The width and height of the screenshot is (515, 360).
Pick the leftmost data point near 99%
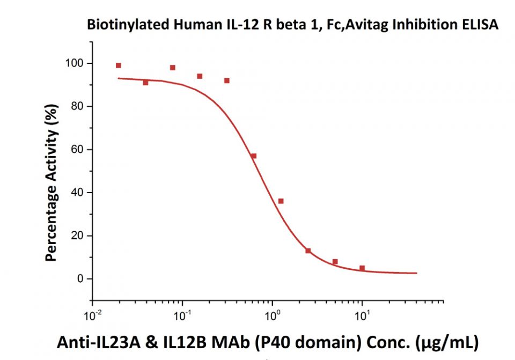[x=119, y=65]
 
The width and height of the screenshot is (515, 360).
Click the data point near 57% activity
[x=254, y=156]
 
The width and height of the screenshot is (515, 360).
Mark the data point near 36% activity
[x=281, y=201]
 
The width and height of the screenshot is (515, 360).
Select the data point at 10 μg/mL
[x=362, y=268]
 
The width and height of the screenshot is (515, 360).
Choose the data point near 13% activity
[x=308, y=251]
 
